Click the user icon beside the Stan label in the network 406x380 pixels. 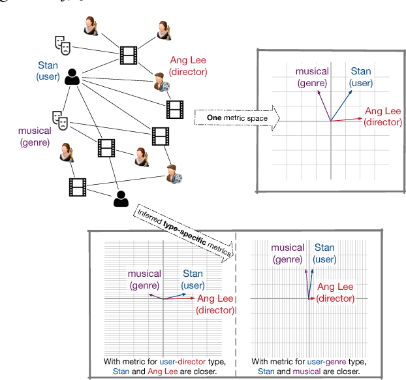point(72,77)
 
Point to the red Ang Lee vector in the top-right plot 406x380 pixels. point(347,119)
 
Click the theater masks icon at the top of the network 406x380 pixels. point(62,44)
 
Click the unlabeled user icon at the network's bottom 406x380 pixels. point(119,198)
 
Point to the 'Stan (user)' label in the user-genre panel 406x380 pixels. point(325,253)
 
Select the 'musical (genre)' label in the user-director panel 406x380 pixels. point(144,279)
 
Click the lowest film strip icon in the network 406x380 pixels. point(78,187)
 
